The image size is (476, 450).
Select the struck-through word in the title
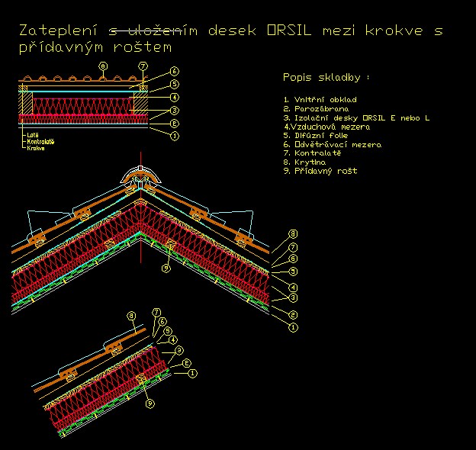(153, 31)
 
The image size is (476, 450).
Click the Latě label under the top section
(32, 134)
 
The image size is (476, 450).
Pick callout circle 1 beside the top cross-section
(175, 136)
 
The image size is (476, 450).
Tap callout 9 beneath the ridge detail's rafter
(165, 268)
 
